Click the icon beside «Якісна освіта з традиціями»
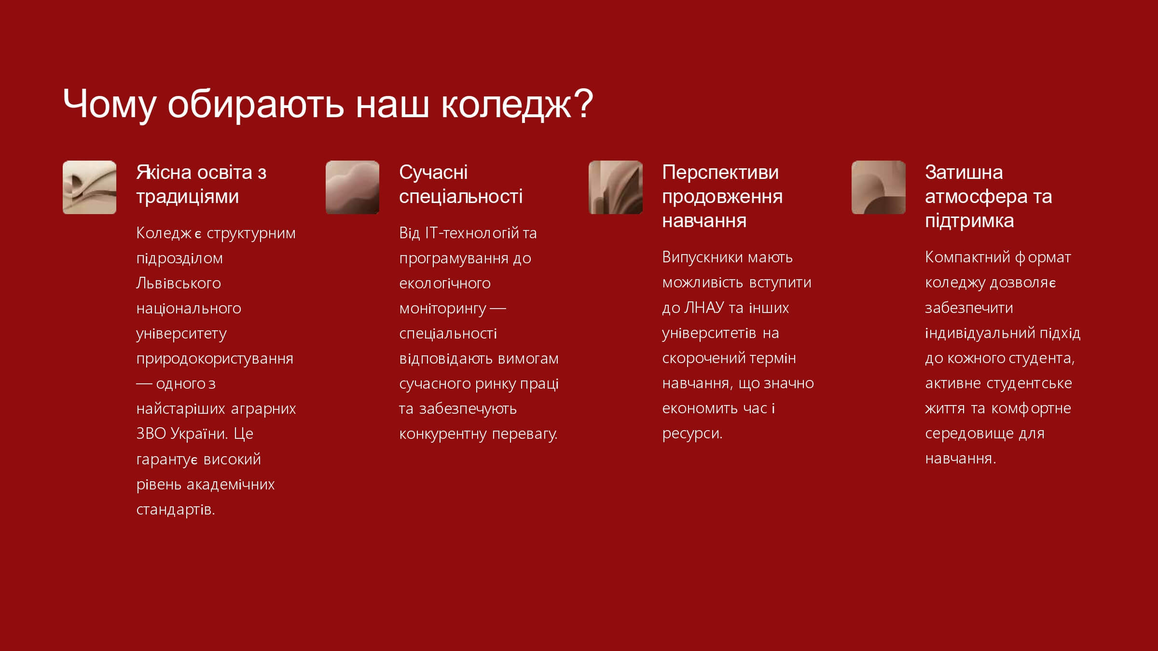[90, 187]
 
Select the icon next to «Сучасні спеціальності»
[353, 187]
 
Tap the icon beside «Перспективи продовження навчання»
[616, 187]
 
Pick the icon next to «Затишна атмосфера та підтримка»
[879, 187]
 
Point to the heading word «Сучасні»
[433, 172]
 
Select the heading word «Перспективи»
[720, 172]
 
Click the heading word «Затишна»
[964, 172]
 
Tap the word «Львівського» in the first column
[179, 283]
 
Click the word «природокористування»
[215, 359]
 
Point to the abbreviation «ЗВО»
[151, 434]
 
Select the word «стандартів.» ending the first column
[176, 510]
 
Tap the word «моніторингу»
[443, 309]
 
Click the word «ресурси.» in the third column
[692, 434]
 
